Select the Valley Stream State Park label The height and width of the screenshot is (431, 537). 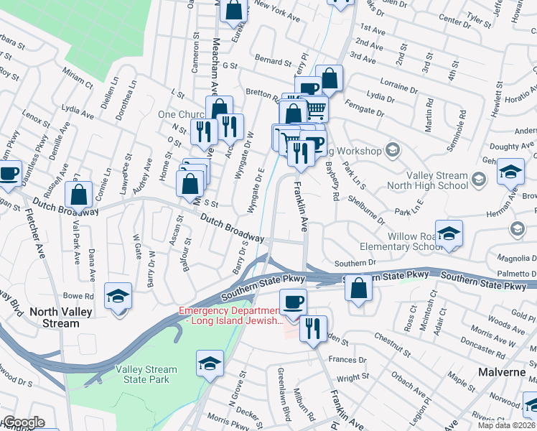146,375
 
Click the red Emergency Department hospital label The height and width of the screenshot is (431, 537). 232,315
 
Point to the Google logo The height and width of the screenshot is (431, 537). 23,422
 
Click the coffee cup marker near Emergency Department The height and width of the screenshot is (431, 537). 292,302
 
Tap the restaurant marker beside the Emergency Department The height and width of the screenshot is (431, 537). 313,330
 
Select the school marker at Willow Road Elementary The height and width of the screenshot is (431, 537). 449,234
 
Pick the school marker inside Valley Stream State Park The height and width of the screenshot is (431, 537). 210,364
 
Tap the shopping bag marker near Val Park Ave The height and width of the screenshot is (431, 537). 78,194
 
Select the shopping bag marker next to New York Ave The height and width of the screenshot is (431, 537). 233,10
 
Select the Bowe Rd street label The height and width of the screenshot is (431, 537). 79,295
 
